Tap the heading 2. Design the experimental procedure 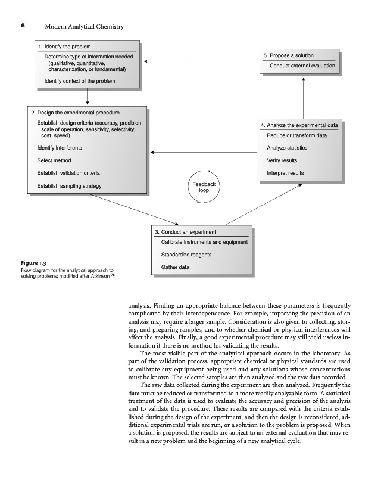pos(75,113)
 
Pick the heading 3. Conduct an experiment pos(185,231)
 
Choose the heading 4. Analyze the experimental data pos(299,126)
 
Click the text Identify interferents pos(60,147)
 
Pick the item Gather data pos(175,267)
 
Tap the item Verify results pos(282,160)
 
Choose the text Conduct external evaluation pos(302,66)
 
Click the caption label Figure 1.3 pos(34,262)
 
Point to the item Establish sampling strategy pos(70,186)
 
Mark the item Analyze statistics pos(287,148)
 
